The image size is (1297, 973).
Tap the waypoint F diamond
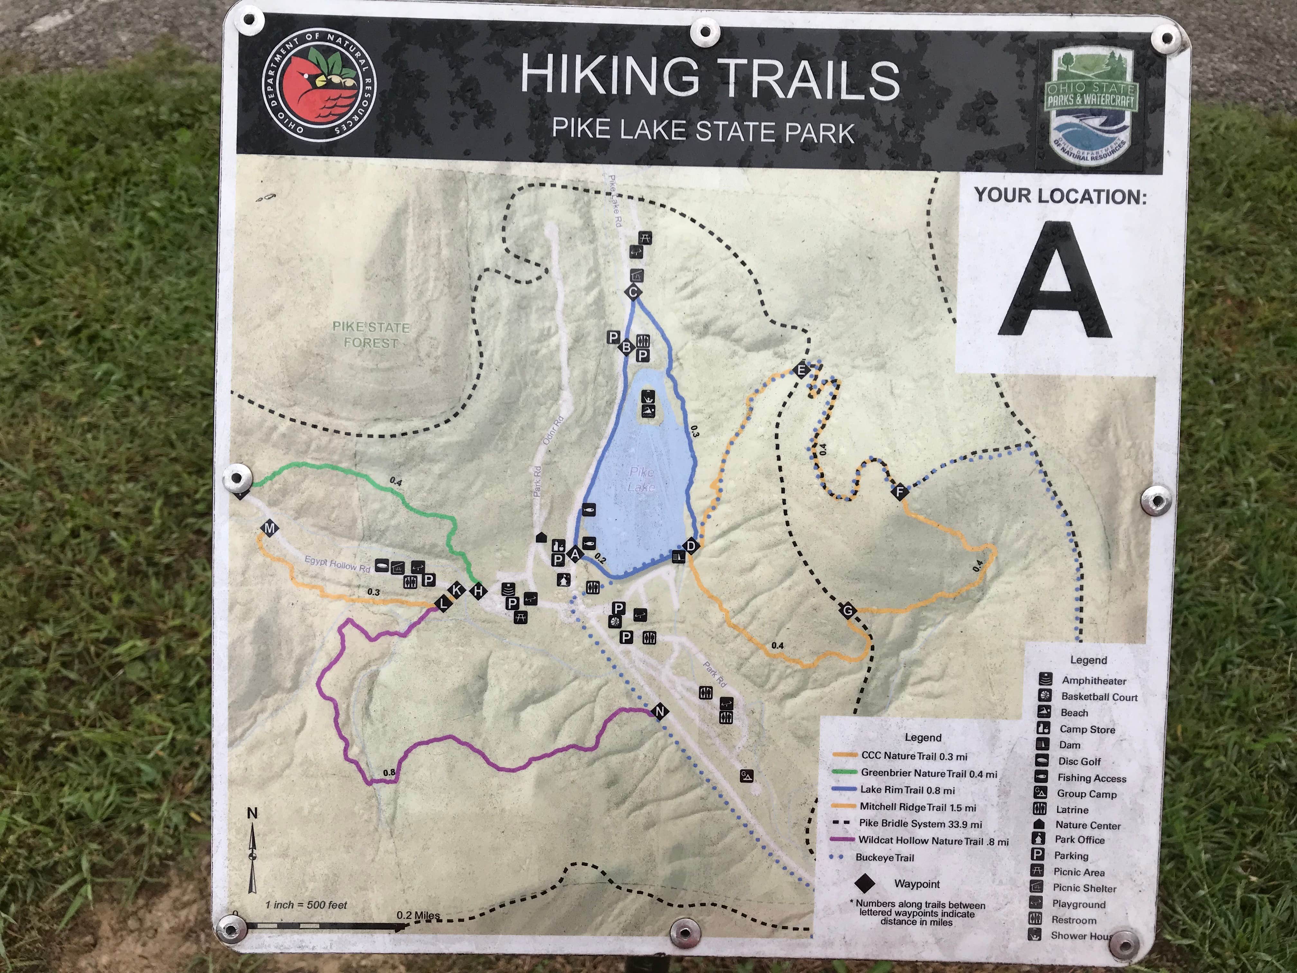click(899, 491)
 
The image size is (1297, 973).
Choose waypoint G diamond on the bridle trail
click(848, 611)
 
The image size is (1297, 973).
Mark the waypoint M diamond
click(270, 528)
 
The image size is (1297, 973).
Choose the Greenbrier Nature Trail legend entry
click(928, 774)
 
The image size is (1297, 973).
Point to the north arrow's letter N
click(252, 813)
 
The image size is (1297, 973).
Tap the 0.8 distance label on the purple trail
click(389, 773)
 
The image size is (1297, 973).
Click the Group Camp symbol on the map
click(746, 775)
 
